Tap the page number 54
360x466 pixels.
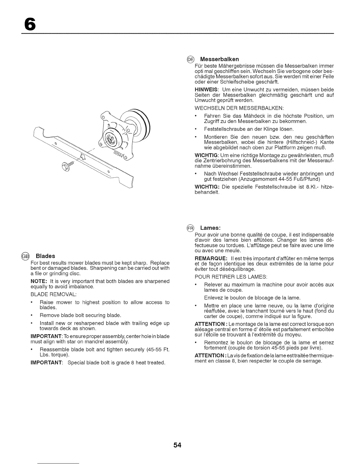click(177, 445)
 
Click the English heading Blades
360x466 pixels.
click(46, 256)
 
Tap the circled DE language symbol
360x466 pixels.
click(191, 59)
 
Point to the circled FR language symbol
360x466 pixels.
click(191, 228)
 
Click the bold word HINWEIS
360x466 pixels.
click(206, 90)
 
